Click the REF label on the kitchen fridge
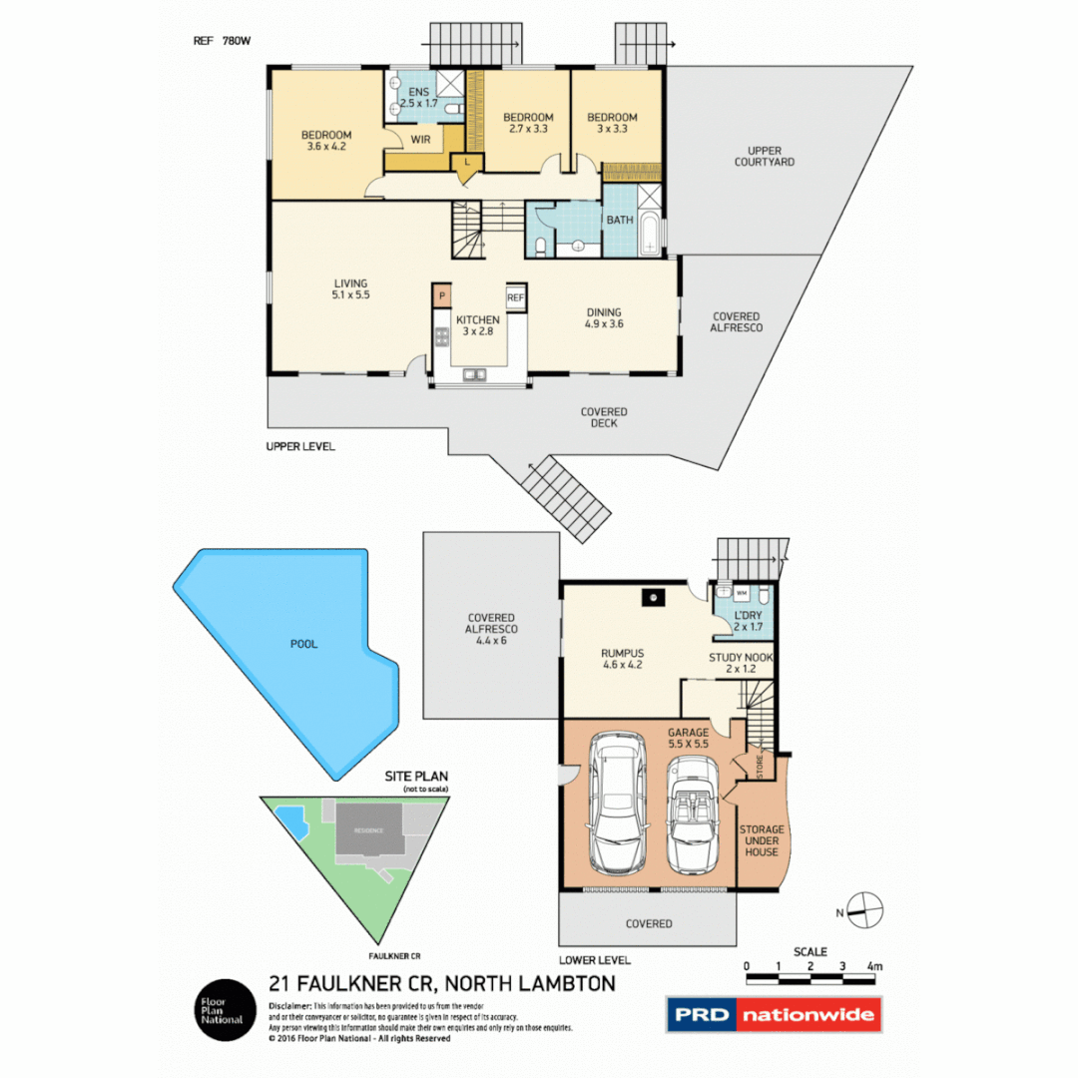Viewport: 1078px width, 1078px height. (516, 297)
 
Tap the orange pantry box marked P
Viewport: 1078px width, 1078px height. (441, 296)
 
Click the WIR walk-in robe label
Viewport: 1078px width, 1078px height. (420, 140)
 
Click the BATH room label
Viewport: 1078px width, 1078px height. (620, 220)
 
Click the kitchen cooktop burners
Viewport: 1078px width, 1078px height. (441, 336)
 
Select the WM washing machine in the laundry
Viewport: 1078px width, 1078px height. (742, 593)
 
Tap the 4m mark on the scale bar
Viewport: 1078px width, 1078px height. (874, 966)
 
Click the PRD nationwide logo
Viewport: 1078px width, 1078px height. (775, 1014)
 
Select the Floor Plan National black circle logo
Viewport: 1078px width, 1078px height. (222, 1010)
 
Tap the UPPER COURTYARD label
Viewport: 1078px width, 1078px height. (765, 156)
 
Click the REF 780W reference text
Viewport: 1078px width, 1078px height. (223, 42)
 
